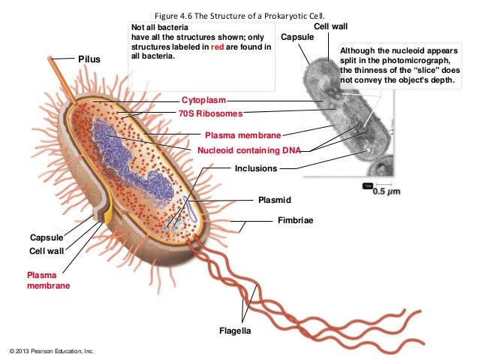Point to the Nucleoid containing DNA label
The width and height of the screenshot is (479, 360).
pyautogui.click(x=249, y=150)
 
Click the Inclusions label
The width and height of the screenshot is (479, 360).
pyautogui.click(x=256, y=168)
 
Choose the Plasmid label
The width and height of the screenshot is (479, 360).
pyautogui.click(x=273, y=200)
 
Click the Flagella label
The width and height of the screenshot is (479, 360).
pyautogui.click(x=235, y=331)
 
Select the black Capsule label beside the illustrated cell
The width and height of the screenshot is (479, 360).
pyautogui.click(x=46, y=237)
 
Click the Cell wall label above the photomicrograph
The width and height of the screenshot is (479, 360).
pyautogui.click(x=330, y=26)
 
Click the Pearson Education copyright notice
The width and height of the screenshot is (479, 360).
pyautogui.click(x=49, y=351)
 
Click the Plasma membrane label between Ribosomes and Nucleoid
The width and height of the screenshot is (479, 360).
pyautogui.click(x=243, y=135)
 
